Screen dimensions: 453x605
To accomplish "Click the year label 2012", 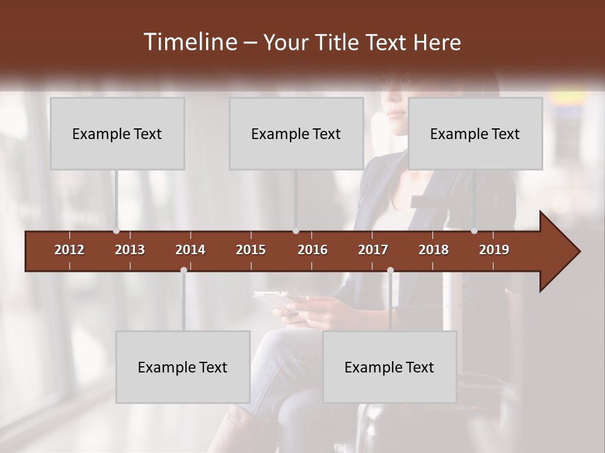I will point(69,250).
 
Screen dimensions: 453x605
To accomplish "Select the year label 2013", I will point(130,250).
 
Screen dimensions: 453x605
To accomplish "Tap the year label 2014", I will point(190,250).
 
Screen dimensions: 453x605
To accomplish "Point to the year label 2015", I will point(251,250).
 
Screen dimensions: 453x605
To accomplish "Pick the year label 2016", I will point(313,250).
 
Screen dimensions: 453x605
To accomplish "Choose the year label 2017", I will point(373,250).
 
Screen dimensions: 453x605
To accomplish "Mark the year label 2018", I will point(434,250).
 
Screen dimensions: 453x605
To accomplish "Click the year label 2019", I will point(494,250).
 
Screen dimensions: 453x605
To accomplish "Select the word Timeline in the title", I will point(189,42).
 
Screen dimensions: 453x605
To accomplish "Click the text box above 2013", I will point(117,133).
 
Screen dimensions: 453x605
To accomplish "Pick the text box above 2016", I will point(296,133).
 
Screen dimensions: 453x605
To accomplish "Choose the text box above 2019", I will point(475,133).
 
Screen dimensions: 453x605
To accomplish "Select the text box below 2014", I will point(183,367).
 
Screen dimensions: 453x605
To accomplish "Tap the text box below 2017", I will point(389,367).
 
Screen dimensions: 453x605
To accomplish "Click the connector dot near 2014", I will point(183,270).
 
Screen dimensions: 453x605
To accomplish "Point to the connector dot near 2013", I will point(117,231).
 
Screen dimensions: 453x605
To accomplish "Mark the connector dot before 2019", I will point(474,231).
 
